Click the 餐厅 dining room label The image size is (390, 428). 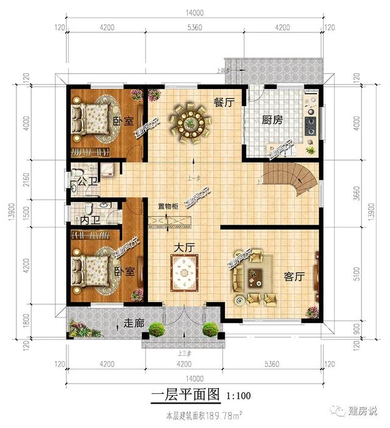point(224,103)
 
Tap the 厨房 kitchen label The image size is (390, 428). point(272,120)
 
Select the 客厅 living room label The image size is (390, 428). point(294,277)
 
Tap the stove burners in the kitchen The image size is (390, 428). point(311,126)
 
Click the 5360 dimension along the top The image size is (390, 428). point(196,27)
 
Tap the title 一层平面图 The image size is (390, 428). point(184,395)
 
